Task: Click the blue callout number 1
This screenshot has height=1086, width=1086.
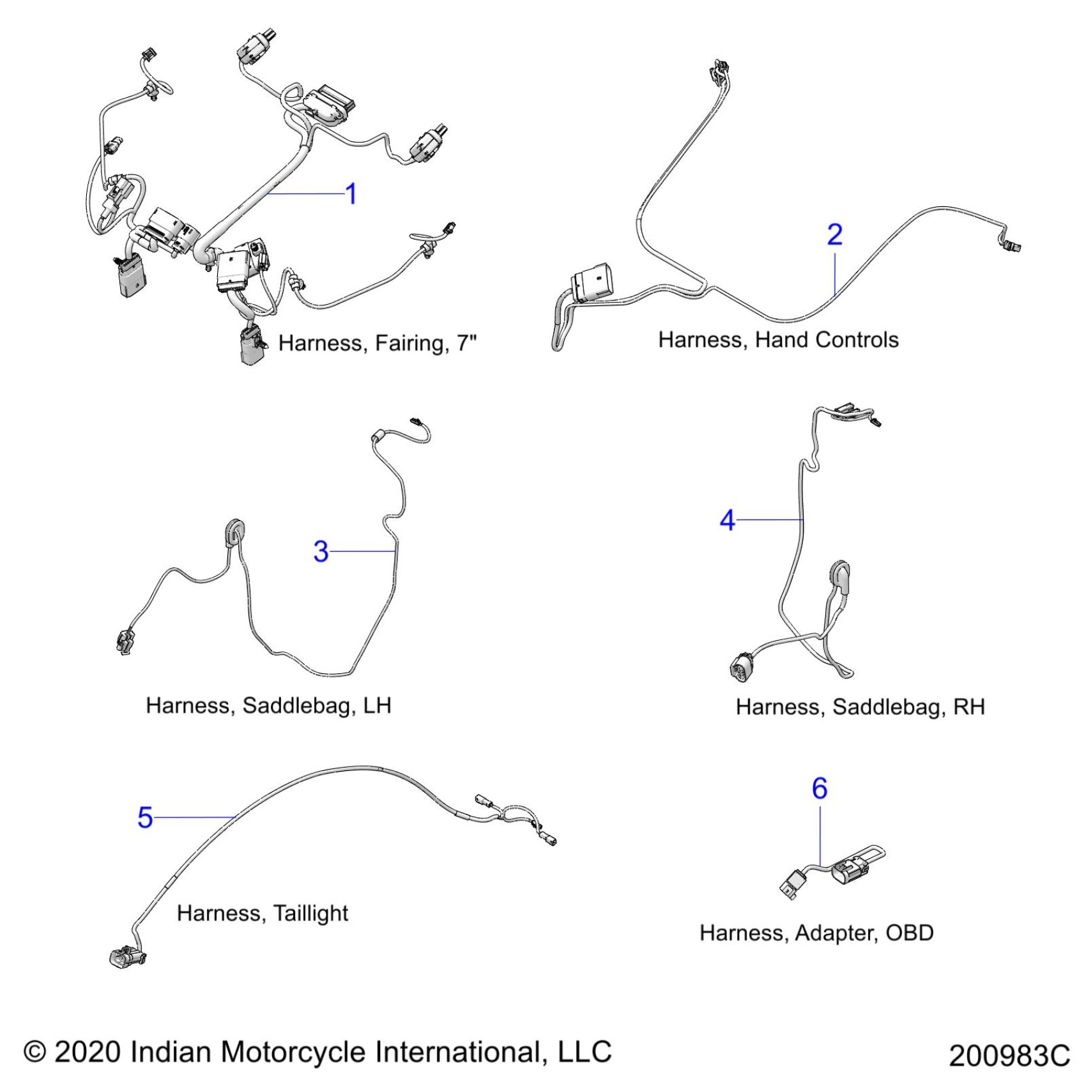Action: coord(351,194)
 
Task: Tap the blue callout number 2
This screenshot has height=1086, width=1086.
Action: coord(834,234)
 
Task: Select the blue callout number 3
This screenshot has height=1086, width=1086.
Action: coord(321,551)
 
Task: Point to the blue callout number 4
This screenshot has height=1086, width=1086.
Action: coord(727,521)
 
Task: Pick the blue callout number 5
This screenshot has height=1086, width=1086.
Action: coord(145,818)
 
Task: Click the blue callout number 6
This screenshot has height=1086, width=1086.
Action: coord(820,788)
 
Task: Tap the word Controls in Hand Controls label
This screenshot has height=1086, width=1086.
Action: coord(858,340)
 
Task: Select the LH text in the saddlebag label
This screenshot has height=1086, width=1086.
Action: coord(377,705)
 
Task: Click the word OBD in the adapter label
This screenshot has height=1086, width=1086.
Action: coord(909,933)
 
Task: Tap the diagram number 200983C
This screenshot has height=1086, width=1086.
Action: coord(1009,1055)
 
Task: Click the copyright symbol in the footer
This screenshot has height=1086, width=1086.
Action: coord(35,1052)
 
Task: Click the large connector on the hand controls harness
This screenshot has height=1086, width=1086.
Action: coord(593,281)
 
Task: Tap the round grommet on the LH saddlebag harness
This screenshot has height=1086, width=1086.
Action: coord(234,532)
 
